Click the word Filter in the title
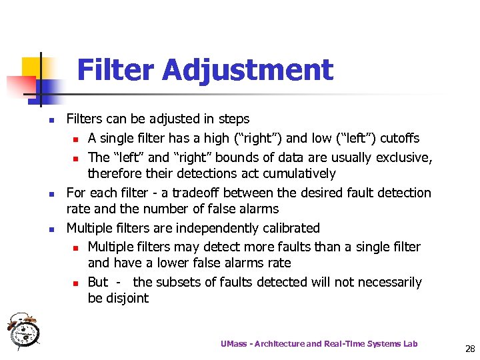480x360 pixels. pyautogui.click(x=116, y=70)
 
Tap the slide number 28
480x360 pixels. pyautogui.click(x=470, y=348)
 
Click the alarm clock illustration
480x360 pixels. pyautogui.click(x=23, y=330)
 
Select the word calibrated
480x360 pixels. pyautogui.click(x=291, y=228)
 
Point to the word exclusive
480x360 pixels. pyautogui.click(x=403, y=157)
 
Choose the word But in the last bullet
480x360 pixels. pyautogui.click(x=97, y=282)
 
